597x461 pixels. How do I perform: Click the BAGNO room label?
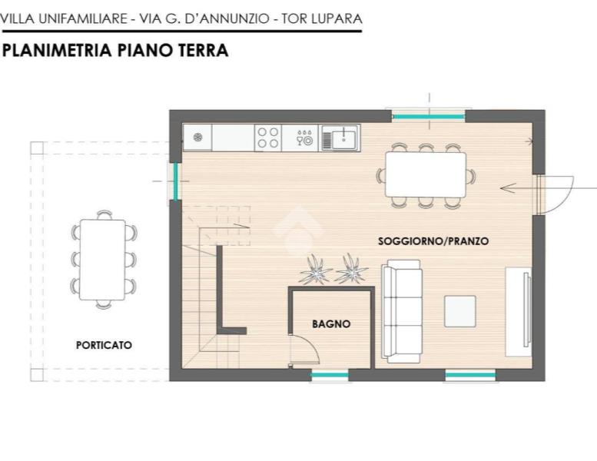pos(331,324)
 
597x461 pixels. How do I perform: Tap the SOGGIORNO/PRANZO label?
pos(433,241)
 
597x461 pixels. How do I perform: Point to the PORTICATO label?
pos(104,345)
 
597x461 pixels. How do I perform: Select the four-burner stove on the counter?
pos(268,138)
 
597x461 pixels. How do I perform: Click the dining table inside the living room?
pos(426,174)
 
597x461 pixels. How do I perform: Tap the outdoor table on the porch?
pos(102,260)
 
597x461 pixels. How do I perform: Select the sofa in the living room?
pos(402,311)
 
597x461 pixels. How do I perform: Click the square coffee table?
pos(460,311)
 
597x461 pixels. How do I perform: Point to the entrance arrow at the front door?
pos(549,188)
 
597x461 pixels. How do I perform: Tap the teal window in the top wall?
pos(429,117)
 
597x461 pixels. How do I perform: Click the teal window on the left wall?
pos(175,181)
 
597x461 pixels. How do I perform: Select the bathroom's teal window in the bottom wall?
pos(330,376)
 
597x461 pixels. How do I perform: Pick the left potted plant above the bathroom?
pos(315,270)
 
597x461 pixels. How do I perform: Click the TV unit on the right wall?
pos(518,312)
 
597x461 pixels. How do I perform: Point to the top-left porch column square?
pos(37,148)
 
